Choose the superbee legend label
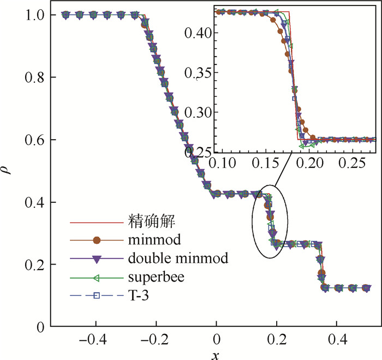click(158, 278)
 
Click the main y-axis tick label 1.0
click(35, 15)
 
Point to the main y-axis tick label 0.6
click(35, 140)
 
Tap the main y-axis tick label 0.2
click(35, 265)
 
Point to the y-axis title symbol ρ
click(8, 171)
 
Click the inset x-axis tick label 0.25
click(355, 163)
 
